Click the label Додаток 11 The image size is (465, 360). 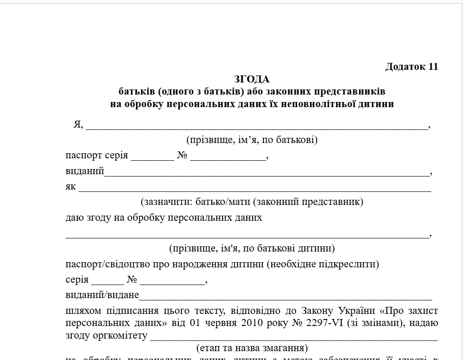411,67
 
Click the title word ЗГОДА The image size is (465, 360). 252,79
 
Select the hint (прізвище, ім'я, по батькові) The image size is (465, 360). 252,140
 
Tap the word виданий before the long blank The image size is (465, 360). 85,171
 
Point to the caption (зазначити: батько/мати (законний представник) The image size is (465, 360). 252,202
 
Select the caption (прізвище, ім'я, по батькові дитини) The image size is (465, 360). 252,248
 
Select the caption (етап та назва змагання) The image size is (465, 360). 252,348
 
